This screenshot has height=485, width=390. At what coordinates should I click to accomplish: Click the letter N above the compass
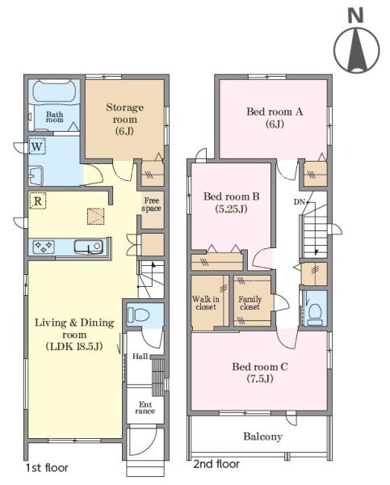pos(356,15)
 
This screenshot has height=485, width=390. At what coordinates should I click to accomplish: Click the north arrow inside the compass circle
pos(357,50)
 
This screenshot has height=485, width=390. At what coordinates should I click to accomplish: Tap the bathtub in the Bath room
pos(54,91)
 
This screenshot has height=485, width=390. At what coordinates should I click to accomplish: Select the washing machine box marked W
pos(37,146)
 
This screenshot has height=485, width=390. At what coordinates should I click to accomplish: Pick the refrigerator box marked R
pos(37,200)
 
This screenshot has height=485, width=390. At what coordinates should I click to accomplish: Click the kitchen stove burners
pos(44,247)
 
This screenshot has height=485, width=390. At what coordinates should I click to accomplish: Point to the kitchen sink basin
pos(88,247)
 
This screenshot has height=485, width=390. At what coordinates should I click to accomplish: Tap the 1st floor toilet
pos(138,314)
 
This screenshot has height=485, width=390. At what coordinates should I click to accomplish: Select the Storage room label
pos(124,119)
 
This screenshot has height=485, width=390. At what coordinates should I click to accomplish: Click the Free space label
pos(151,205)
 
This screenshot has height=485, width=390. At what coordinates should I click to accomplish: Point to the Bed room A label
pos(275,117)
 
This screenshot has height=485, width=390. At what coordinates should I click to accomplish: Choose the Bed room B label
pos(231,203)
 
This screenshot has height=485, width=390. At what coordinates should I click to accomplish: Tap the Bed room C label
pos(260,373)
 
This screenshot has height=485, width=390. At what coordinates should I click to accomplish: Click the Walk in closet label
pos(206,303)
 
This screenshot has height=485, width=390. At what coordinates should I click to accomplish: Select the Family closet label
pos(250,303)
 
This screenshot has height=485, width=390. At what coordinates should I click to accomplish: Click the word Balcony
pos(262,436)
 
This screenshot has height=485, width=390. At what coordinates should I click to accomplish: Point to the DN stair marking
pos(299,202)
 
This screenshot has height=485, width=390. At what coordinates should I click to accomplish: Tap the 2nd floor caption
pos(216,464)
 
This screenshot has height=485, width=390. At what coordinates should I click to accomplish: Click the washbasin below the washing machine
pos(36,175)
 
